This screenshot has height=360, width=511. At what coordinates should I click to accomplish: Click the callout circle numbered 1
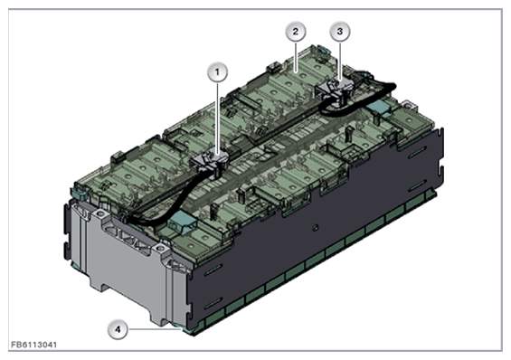(215, 71)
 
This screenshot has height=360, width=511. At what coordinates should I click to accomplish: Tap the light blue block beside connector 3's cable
(379, 107)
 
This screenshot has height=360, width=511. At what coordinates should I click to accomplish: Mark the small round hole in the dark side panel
(315, 219)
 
